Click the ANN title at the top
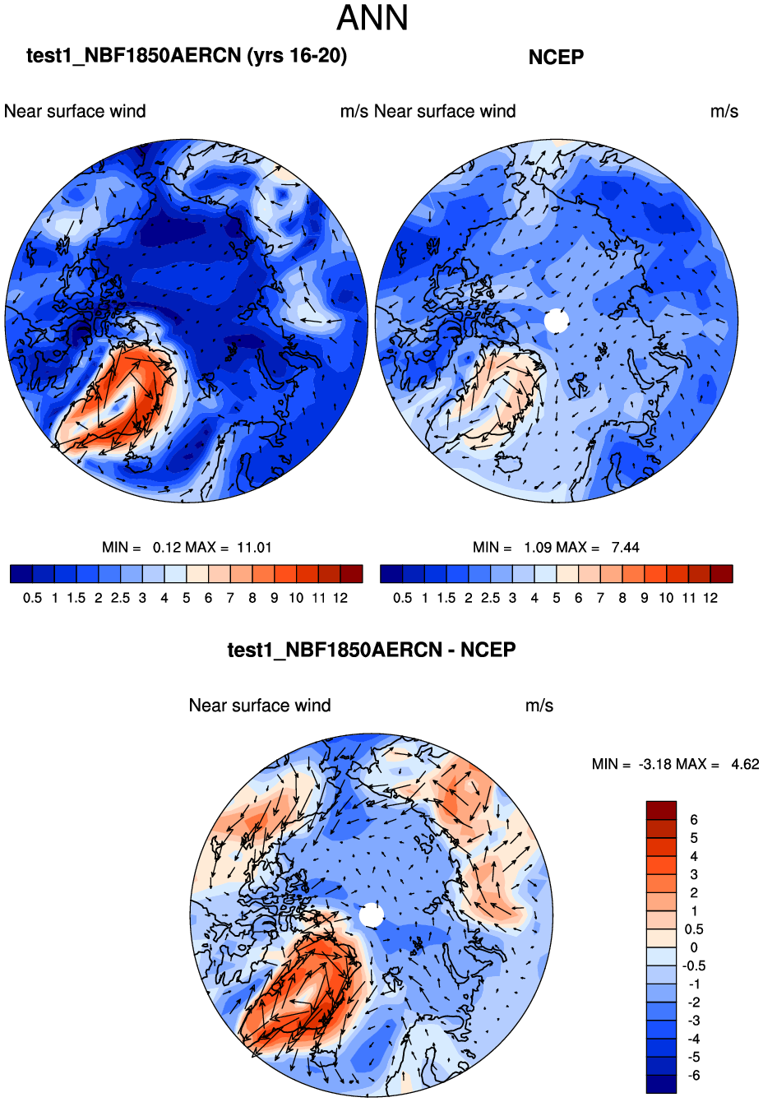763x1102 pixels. (x=372, y=19)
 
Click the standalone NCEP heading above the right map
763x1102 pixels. (x=556, y=58)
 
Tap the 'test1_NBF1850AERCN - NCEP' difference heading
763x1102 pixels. (x=372, y=651)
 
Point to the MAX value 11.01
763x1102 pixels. (x=254, y=548)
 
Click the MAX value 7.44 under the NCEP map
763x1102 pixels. (x=625, y=548)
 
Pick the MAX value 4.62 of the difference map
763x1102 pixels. (x=745, y=765)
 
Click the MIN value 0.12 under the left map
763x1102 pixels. (x=167, y=548)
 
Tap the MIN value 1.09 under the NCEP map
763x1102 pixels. (x=538, y=548)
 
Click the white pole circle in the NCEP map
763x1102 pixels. (x=557, y=321)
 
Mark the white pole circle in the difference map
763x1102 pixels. (x=372, y=915)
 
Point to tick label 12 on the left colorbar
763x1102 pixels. (x=340, y=599)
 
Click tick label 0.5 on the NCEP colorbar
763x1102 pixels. (x=403, y=599)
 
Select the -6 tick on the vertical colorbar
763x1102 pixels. (x=694, y=1076)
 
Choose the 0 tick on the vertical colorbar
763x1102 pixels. (x=694, y=947)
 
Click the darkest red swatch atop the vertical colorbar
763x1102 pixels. (x=661, y=810)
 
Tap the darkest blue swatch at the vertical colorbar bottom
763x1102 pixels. (x=661, y=1084)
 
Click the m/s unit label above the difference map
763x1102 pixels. (x=539, y=706)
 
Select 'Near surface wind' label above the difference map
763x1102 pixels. (x=260, y=706)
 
